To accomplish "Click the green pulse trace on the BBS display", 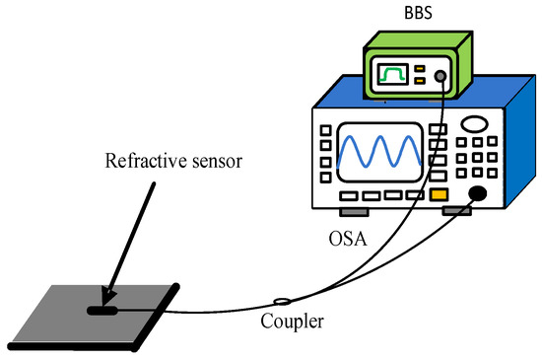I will (394, 76).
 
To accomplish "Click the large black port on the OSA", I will (479, 193).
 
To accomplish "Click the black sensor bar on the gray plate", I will (102, 312).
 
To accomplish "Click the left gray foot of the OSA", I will (353, 211).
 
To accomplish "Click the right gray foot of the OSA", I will (454, 211).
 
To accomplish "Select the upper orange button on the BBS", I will (421, 69).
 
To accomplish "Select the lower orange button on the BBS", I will (421, 83).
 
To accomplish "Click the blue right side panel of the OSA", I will (512, 148).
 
